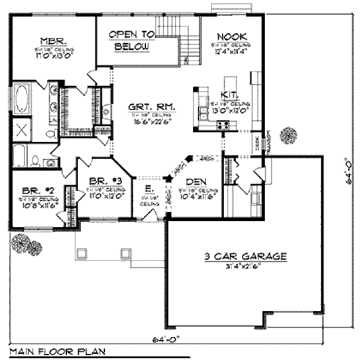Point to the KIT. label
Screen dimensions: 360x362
pos(229,95)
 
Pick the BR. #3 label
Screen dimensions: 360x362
pos(101,181)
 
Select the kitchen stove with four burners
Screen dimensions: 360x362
pos(222,125)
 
